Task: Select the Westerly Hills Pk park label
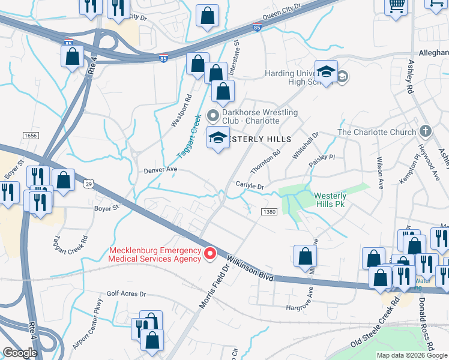[330, 200]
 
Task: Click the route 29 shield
[89, 183]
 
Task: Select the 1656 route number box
[31, 136]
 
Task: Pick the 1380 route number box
[268, 212]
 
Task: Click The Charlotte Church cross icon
[425, 131]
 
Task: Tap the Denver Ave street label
[160, 170]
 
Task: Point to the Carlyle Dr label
[250, 186]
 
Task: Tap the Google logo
[19, 353]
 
